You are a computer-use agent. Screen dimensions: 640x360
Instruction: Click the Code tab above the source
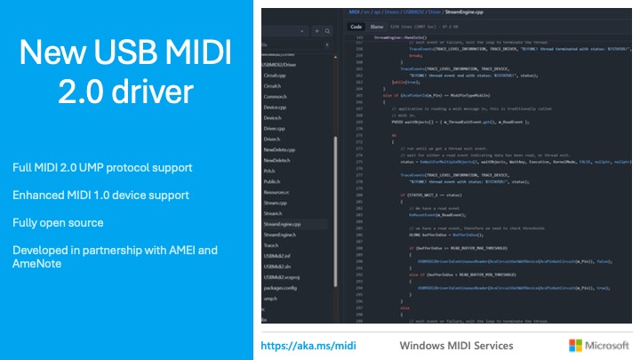pos(356,28)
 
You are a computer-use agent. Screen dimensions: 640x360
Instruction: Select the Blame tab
pos(377,28)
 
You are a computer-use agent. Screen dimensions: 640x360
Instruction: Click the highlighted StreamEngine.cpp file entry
pos(282,225)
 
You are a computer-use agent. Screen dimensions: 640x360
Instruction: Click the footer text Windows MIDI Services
pos(456,345)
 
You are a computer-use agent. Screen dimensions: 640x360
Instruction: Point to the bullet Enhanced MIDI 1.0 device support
pos(100,195)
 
